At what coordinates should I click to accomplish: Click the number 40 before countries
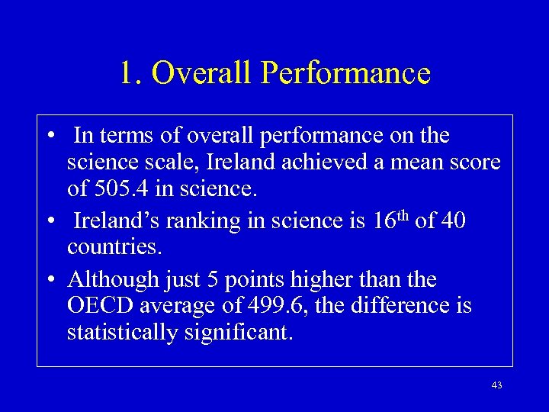(x=451, y=221)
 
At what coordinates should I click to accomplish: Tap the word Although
(x=115, y=279)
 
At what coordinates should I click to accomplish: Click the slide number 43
(x=496, y=386)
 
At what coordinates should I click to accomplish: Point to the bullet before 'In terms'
(x=49, y=136)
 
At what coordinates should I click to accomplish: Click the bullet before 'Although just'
(x=49, y=280)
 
